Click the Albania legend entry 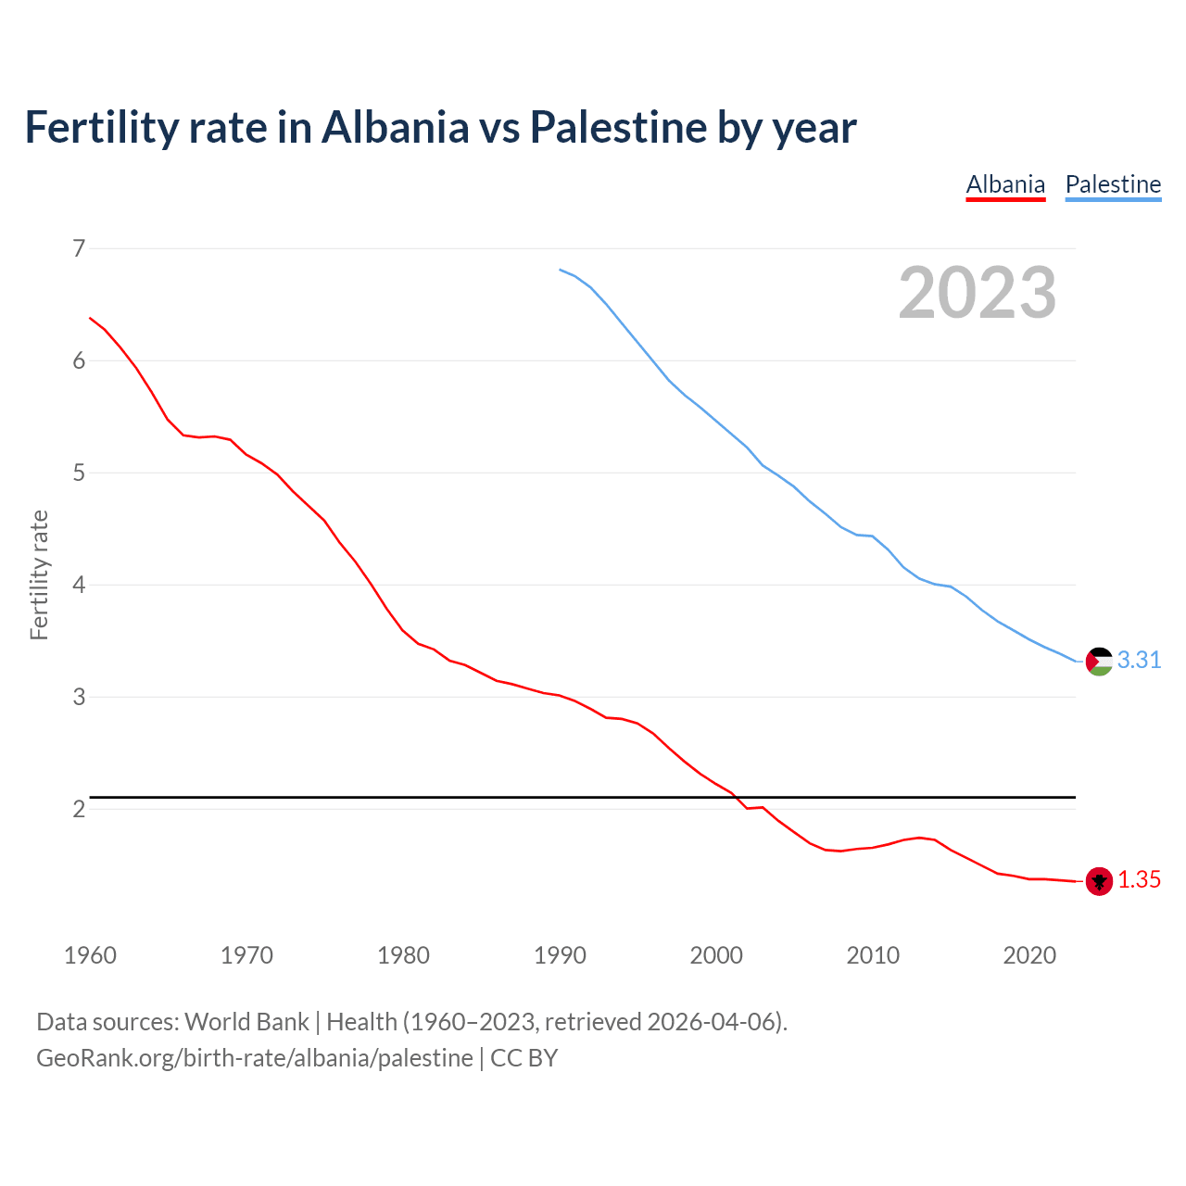pyautogui.click(x=1005, y=184)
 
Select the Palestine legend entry pyautogui.click(x=1113, y=184)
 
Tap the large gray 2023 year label pyautogui.click(x=977, y=293)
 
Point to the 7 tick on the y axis pyautogui.click(x=79, y=248)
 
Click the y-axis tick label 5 pyautogui.click(x=79, y=473)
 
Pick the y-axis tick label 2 pyautogui.click(x=79, y=809)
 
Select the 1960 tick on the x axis pyautogui.click(x=90, y=955)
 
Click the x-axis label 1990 pyautogui.click(x=560, y=955)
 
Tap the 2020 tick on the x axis pyautogui.click(x=1029, y=955)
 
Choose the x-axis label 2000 pyautogui.click(x=716, y=955)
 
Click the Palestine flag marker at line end pyautogui.click(x=1099, y=661)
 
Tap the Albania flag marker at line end pyautogui.click(x=1099, y=881)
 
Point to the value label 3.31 pyautogui.click(x=1139, y=660)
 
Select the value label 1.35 pyautogui.click(x=1139, y=880)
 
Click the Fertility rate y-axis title pyautogui.click(x=39, y=574)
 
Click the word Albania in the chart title pyautogui.click(x=396, y=128)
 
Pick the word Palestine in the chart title pyautogui.click(x=618, y=128)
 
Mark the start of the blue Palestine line pyautogui.click(x=560, y=270)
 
